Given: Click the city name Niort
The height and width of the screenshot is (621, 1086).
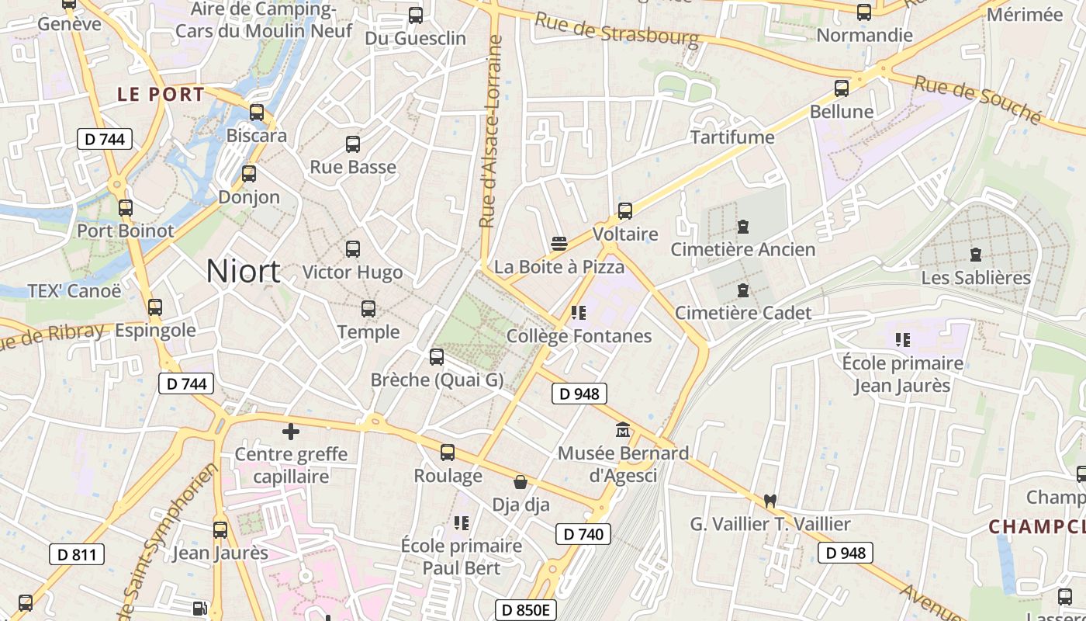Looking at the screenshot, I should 243,271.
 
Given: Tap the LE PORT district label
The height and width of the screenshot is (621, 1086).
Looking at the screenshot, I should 161,95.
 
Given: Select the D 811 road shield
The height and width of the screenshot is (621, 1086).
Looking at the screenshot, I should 76,554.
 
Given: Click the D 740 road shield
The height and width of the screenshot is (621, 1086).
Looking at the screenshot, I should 583,534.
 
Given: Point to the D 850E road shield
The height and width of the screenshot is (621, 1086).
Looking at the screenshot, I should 525,610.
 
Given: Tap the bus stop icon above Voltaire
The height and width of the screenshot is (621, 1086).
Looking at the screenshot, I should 624,210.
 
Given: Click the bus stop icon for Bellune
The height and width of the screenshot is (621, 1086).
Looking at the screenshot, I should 842,88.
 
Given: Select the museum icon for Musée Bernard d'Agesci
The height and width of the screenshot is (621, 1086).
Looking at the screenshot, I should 622,429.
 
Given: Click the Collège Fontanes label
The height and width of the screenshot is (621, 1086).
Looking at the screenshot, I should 579,336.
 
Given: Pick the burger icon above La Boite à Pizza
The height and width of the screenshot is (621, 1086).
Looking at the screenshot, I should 559,244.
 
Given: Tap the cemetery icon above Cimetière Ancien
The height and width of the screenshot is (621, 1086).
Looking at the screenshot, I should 743,227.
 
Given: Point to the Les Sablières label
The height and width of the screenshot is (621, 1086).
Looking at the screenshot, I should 976,278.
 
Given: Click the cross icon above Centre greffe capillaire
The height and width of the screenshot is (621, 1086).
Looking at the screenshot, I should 291,432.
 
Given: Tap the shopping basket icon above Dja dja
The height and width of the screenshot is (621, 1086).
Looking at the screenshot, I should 521,482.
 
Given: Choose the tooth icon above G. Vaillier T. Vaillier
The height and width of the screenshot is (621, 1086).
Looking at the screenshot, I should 770,501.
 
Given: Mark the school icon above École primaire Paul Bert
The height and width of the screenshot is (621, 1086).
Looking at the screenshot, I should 462,523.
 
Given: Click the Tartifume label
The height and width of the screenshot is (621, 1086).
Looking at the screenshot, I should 732,137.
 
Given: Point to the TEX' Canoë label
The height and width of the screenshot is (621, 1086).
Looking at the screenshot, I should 74,291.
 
